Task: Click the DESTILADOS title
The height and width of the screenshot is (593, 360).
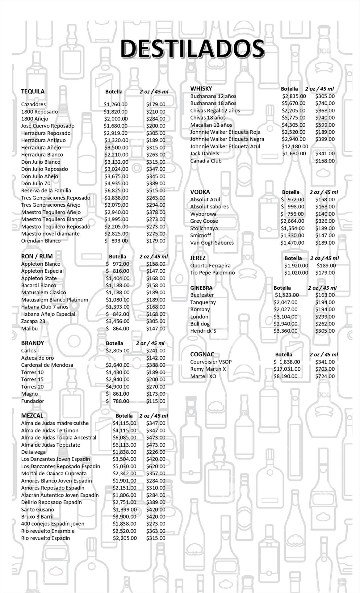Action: point(192,49)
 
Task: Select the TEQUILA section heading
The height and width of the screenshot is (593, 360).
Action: point(33,91)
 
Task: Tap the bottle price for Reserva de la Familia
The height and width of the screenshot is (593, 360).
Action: point(116,191)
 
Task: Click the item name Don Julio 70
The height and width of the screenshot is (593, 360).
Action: point(36,183)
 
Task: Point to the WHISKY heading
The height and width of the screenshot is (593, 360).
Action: point(201,89)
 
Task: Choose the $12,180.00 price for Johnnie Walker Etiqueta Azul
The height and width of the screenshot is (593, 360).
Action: point(295,146)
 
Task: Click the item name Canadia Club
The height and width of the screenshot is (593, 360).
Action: point(206,161)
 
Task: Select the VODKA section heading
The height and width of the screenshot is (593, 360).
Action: point(200,192)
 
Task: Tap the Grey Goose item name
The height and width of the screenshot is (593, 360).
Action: point(204,221)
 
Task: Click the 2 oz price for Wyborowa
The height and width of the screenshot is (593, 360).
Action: point(325,214)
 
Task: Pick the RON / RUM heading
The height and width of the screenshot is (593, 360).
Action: point(37,256)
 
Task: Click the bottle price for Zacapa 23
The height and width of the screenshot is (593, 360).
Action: point(118,322)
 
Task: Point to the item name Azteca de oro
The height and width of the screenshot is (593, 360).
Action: point(37,358)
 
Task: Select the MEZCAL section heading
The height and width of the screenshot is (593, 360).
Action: point(32,416)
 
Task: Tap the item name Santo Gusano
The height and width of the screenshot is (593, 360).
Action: point(37,510)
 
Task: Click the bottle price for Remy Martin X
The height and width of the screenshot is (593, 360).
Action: point(287,369)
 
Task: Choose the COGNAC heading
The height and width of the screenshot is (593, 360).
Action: point(202,355)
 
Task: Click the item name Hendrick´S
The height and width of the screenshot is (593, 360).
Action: point(203,331)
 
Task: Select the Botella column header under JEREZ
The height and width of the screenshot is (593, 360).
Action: point(293,258)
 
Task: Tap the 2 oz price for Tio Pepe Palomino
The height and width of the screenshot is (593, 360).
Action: point(325,273)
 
